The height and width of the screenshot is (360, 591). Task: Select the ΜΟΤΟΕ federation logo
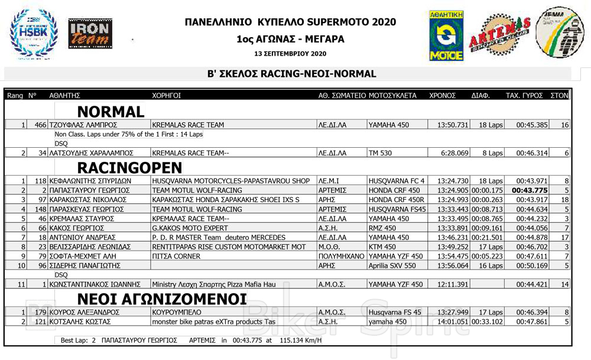pos(446,35)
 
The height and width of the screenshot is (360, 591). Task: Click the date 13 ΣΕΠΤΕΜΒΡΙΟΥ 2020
pos(290,54)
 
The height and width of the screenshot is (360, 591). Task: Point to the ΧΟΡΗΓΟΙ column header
pos(166,95)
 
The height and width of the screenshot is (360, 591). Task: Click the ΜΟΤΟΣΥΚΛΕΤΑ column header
pos(392,95)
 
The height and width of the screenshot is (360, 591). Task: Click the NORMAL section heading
pos(111,112)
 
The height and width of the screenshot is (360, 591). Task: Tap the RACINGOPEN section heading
pos(129,167)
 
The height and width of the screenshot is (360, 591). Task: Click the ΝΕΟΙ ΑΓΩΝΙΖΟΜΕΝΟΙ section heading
pos(161,297)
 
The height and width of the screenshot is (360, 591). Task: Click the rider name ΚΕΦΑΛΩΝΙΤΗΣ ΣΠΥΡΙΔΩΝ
pos(90,181)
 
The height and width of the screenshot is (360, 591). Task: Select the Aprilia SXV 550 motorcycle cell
pos(392,266)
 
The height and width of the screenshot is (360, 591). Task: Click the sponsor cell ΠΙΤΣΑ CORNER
pos(176,257)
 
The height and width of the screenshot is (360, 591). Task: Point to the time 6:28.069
pos(454,153)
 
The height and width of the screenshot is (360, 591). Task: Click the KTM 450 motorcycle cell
pos(382,247)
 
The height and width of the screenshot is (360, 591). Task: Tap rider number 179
pos(40,312)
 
